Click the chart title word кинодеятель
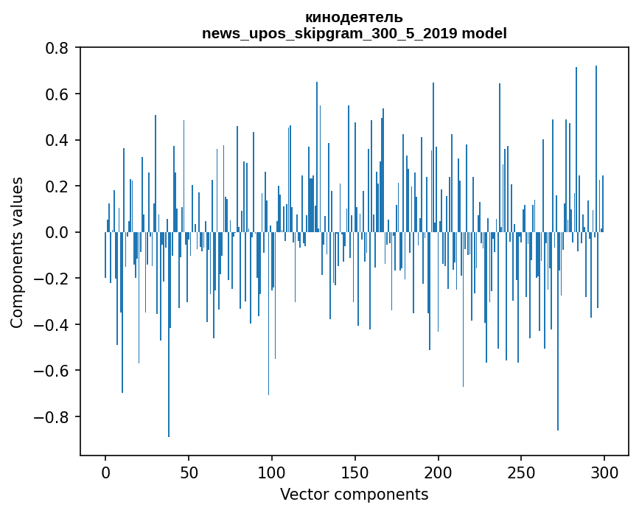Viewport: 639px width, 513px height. pos(354,18)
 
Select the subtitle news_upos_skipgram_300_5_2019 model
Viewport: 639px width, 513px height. pos(354,33)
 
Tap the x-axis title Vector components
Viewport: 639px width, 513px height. pos(354,495)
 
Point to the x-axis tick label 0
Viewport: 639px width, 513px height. pos(105,472)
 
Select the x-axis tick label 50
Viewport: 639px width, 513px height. pos(189,472)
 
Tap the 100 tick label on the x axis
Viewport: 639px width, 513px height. pos(272,472)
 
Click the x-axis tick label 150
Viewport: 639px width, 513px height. pos(355,472)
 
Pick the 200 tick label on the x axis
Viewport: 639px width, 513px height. pos(439,472)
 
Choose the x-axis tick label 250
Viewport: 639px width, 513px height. pos(522,472)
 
